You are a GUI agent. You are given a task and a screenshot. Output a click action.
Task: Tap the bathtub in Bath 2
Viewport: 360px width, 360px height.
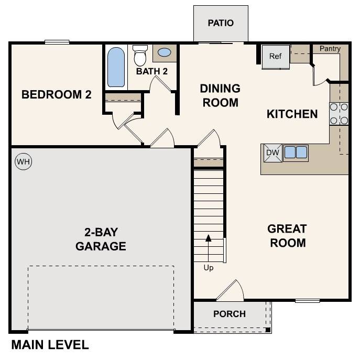116,67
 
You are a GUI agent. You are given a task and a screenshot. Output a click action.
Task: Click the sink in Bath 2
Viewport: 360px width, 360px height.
164,52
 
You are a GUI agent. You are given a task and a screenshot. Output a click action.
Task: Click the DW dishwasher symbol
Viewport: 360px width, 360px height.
271,152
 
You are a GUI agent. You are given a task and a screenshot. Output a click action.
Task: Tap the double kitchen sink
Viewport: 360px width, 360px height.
296,152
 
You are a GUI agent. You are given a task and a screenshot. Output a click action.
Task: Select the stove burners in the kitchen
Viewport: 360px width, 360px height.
339,114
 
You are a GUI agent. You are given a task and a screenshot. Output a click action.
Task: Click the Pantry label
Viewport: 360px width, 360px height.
330,49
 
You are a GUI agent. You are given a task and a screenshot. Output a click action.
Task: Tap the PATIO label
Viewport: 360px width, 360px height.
220,23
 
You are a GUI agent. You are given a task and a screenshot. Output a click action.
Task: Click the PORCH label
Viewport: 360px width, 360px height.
230,314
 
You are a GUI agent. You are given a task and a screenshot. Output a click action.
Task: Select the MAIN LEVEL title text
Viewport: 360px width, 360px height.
50,345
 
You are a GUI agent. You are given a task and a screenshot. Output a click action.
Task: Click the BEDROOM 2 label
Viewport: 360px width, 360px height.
56,95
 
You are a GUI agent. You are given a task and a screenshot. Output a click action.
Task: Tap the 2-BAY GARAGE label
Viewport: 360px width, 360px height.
101,239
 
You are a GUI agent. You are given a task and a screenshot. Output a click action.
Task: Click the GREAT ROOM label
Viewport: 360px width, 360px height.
287,236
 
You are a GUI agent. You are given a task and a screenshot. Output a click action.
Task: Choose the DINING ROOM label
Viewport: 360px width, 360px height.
220,95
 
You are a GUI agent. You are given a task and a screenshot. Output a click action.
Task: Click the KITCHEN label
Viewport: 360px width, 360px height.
292,114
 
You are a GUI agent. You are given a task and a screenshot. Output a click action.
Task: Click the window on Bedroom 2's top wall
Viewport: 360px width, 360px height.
57,42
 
